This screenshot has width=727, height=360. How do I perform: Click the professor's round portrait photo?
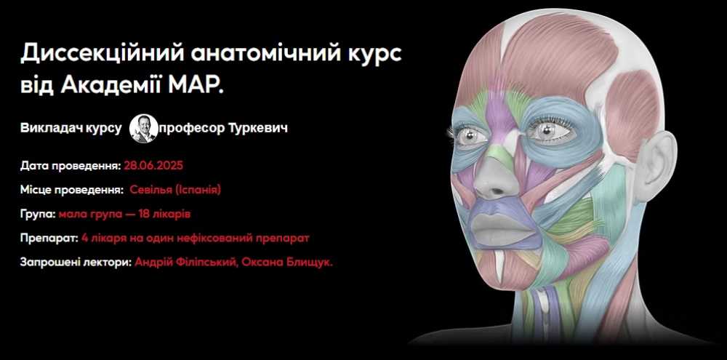(x=144, y=129)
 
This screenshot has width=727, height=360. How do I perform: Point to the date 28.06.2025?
(x=153, y=166)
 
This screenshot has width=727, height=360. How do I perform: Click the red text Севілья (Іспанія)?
(x=175, y=190)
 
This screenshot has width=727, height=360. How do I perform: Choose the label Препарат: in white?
(x=49, y=239)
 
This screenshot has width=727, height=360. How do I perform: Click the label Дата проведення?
(x=71, y=166)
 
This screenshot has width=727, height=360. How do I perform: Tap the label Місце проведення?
(x=72, y=191)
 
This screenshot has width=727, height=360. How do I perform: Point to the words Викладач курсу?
(x=71, y=129)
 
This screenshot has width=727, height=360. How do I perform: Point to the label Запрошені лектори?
(x=76, y=262)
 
